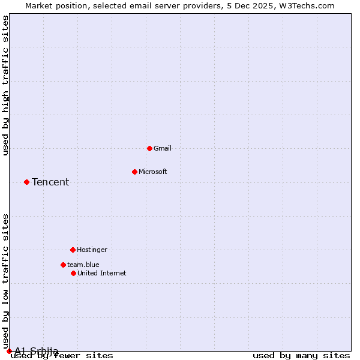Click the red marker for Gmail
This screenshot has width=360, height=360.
[x=149, y=148]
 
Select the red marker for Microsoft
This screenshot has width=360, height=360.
[x=134, y=172]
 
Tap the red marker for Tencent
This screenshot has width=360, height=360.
[x=26, y=182]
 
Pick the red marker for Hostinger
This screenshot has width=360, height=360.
[x=73, y=250]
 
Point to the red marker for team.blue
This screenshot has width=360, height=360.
[x=63, y=265]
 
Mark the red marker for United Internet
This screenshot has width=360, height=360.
[x=73, y=273]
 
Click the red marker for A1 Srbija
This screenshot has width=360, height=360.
[x=9, y=351]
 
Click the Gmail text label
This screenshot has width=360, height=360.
[x=163, y=148]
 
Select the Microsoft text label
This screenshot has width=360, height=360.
[x=153, y=172]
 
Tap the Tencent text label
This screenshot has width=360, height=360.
[x=50, y=182]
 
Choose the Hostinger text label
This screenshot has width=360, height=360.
[x=92, y=250]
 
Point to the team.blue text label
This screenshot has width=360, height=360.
[x=83, y=265]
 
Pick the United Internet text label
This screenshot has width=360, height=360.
[x=102, y=273]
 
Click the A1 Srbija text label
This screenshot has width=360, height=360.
[x=37, y=351]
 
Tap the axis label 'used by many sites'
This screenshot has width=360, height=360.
[x=301, y=356]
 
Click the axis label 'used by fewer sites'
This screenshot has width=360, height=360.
[x=62, y=356]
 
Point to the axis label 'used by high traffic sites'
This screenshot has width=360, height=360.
[x=6, y=85]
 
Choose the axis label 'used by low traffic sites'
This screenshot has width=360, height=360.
[x=6, y=281]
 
